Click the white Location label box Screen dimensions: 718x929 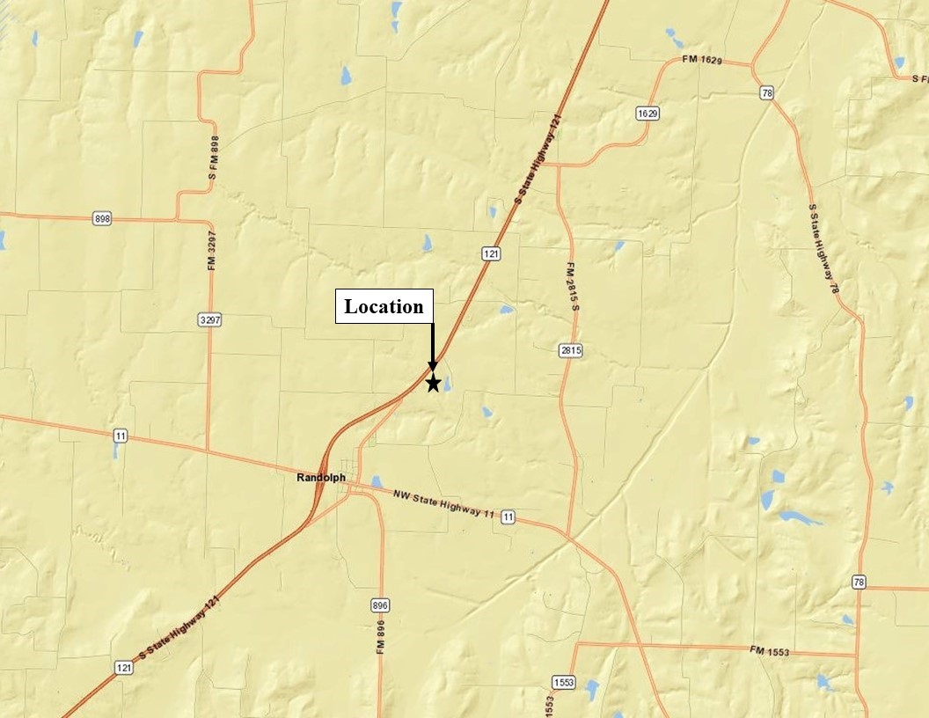[x=384, y=306]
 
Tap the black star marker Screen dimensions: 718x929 [x=433, y=383]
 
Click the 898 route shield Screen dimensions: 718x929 [x=102, y=218]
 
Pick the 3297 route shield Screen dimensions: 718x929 [x=210, y=320]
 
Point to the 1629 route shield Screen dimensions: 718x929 [x=647, y=114]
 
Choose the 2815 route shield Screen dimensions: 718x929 [x=571, y=350]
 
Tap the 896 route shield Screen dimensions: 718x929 [x=380, y=605]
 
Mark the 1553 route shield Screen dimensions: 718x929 [x=563, y=683]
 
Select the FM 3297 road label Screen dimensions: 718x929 [x=212, y=251]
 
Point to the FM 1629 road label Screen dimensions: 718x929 [x=702, y=60]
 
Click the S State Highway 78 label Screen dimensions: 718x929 [x=822, y=242]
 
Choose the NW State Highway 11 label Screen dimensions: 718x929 [x=444, y=503]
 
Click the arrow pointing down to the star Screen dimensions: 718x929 [x=432, y=348]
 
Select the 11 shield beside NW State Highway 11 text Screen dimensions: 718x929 [x=508, y=517]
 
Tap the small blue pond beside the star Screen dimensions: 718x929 [x=448, y=384]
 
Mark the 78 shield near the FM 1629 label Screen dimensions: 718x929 [x=768, y=92]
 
